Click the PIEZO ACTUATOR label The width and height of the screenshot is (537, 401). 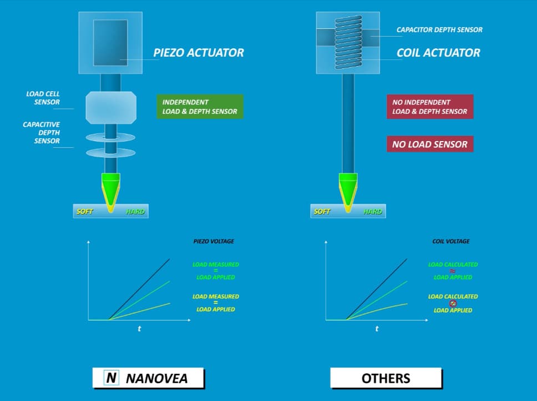pos(198,53)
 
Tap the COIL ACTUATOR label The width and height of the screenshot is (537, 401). pos(438,53)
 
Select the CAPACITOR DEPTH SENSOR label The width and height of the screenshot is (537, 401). pos(439,29)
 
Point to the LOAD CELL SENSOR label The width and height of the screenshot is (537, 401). pos(43,98)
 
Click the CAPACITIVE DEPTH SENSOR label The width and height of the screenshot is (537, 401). pos(42,133)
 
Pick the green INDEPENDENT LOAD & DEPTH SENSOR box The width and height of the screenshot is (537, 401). pos(200,107)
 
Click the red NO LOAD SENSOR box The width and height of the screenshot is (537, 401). pos(429,144)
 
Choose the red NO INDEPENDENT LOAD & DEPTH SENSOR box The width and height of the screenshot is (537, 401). pos(429,107)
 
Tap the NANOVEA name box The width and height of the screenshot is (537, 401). pos(148,378)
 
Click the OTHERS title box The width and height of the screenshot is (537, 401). pos(386,378)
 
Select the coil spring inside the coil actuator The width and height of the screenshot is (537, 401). pos(348,43)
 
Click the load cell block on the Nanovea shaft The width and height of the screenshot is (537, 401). pos(110,107)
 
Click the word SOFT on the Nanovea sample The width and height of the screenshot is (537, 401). pos(85,212)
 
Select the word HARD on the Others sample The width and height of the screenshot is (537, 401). pos(373,212)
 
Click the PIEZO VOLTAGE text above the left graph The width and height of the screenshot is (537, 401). pos(213,242)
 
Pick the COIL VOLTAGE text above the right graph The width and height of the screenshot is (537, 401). pos(450,242)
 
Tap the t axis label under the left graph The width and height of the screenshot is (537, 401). pos(139,329)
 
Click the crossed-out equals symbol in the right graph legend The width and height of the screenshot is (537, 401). pos(453,303)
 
